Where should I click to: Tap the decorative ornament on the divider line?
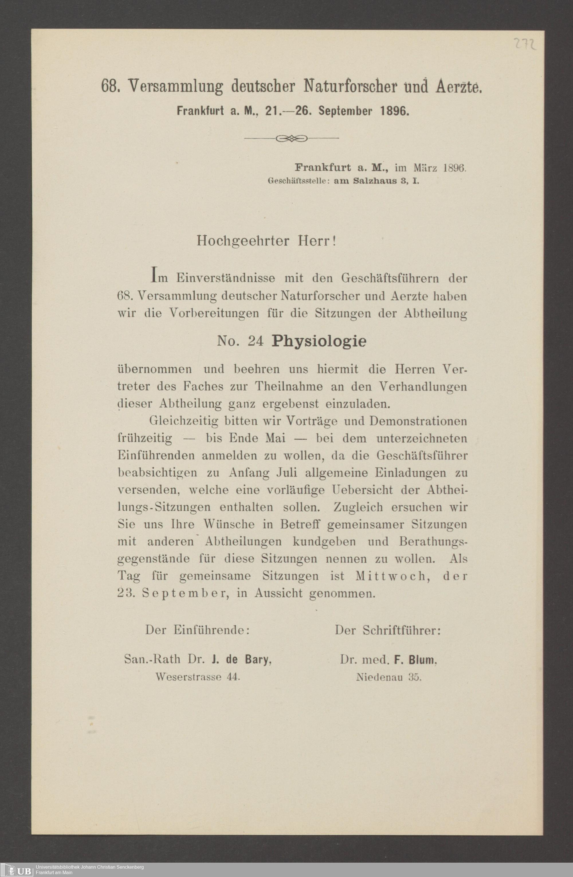click(x=291, y=139)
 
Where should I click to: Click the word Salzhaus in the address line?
click(x=373, y=181)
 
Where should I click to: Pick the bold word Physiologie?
click(x=319, y=341)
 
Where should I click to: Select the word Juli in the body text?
click(x=288, y=473)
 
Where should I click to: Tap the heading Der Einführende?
click(x=198, y=630)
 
